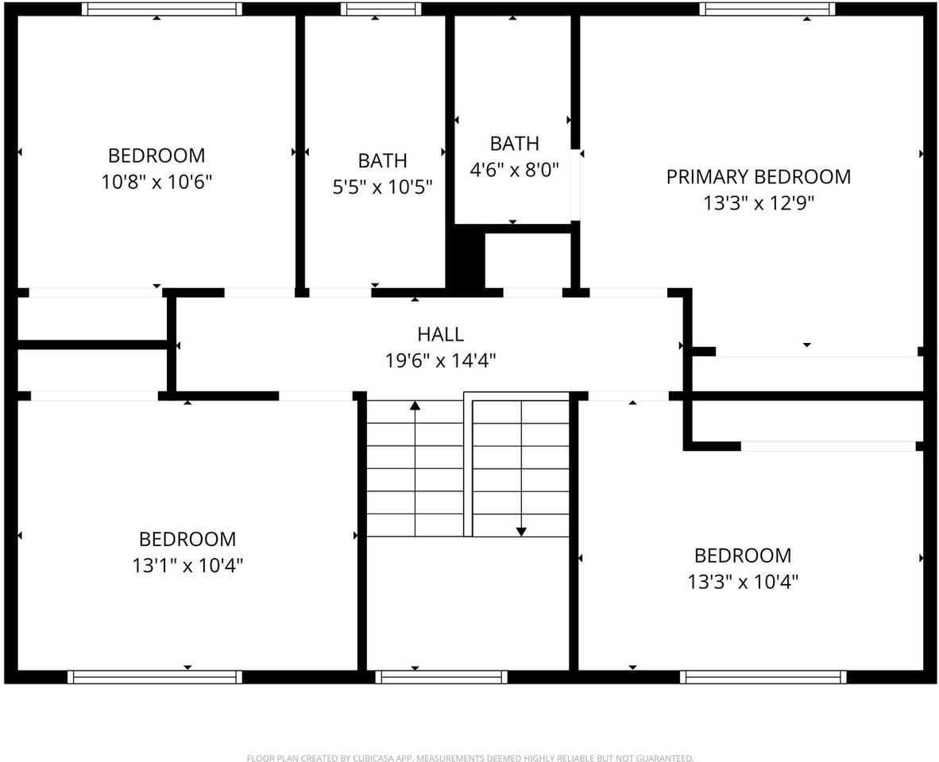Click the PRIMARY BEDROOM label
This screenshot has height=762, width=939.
[x=758, y=176]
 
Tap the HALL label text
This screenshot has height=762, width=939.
[x=440, y=334]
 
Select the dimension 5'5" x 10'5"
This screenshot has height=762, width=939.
[x=383, y=187]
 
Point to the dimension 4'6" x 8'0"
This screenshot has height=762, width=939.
[x=514, y=169]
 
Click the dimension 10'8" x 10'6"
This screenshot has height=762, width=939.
[x=156, y=182]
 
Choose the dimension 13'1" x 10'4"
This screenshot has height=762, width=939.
[x=187, y=566]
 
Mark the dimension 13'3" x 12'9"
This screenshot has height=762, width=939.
[x=758, y=203]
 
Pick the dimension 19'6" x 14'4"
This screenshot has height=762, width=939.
[x=440, y=361]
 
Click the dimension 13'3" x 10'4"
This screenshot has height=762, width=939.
[x=743, y=582]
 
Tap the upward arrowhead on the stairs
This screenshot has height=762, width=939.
[x=415, y=406]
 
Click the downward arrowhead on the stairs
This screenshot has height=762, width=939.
[x=521, y=531]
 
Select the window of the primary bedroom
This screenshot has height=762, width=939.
[x=767, y=9]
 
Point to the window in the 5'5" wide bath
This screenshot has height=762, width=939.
[x=381, y=9]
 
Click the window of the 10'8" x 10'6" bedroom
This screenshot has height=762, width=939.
[x=162, y=9]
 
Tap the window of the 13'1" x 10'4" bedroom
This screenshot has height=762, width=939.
[x=155, y=677]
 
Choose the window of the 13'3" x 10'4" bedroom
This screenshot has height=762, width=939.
[x=763, y=677]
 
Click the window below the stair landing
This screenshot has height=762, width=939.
[x=441, y=677]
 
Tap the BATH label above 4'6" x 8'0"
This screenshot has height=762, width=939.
[x=514, y=144]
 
